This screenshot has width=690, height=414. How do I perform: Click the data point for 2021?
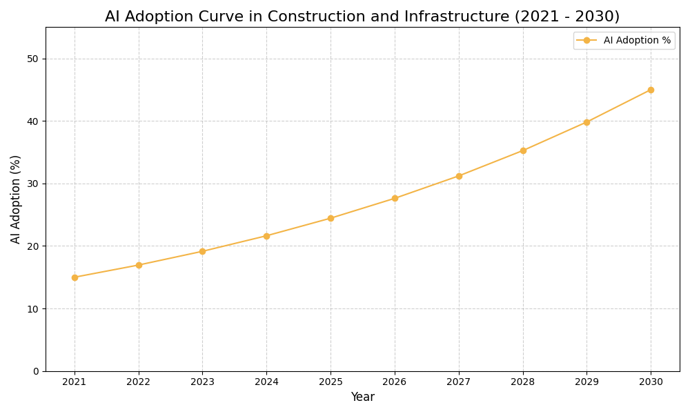click(75, 277)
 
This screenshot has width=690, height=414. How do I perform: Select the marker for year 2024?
click(266, 236)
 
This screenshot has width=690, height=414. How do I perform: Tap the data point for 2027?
click(459, 176)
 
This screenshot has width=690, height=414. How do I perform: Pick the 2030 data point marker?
click(651, 90)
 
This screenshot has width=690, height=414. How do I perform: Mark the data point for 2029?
click(586, 122)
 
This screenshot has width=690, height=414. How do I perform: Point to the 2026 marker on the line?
click(395, 198)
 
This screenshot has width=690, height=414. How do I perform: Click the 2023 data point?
click(202, 251)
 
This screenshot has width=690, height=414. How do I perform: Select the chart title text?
click(362, 17)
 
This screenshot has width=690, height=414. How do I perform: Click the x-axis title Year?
click(362, 397)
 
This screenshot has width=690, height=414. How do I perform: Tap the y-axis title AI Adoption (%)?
click(16, 199)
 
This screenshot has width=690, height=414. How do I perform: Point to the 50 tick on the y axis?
click(32, 59)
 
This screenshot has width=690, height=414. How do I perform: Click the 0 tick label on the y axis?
click(36, 371)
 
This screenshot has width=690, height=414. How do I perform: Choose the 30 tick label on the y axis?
click(32, 184)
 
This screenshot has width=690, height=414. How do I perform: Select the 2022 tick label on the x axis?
click(139, 382)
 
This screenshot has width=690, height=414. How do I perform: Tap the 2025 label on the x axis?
click(331, 382)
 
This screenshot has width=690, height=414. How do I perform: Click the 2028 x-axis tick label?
click(523, 382)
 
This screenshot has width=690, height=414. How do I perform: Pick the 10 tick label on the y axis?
click(32, 308)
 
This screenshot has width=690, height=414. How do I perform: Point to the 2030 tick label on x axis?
click(651, 382)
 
